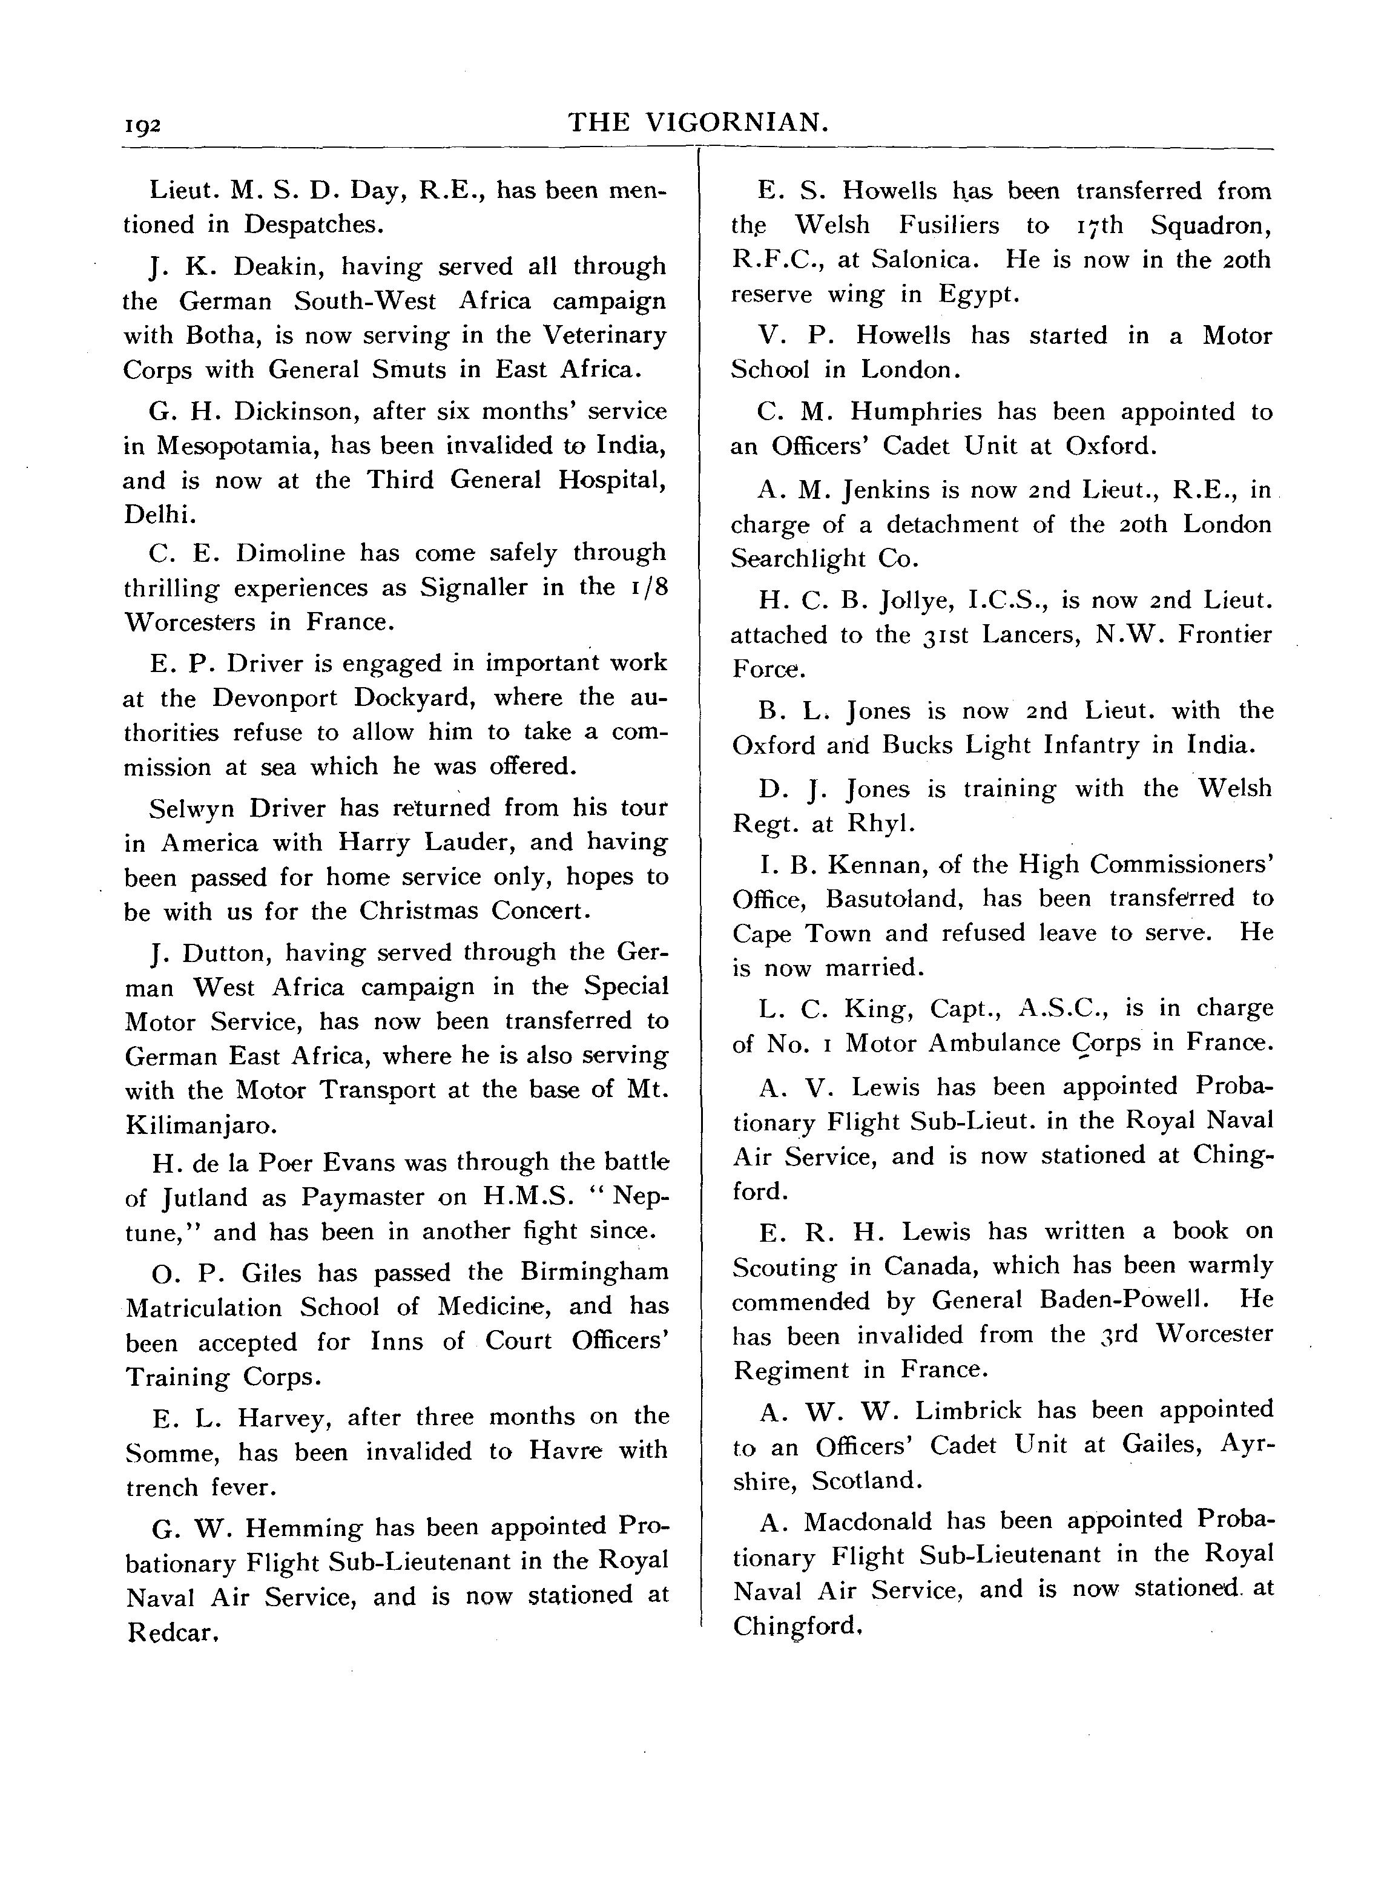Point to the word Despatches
[x=313, y=225]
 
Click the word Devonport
[x=274, y=697]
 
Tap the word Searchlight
[x=809, y=558]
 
